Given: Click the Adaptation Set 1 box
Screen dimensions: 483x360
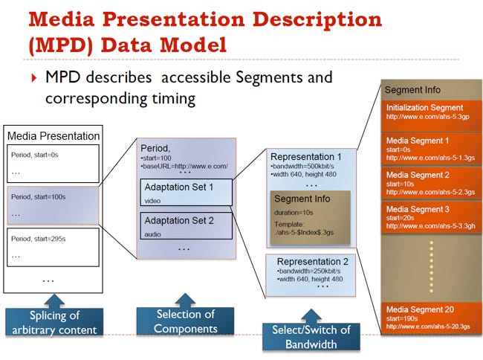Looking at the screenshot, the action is [x=186, y=193].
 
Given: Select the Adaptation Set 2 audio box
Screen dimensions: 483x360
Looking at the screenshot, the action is [x=186, y=225].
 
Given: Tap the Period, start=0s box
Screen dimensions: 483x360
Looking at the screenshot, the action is [x=53, y=164].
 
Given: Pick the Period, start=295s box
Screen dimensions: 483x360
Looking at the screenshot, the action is [x=53, y=247].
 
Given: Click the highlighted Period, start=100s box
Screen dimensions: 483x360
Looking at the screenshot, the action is [x=53, y=205].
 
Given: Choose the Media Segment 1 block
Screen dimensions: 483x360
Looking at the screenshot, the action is [x=432, y=150].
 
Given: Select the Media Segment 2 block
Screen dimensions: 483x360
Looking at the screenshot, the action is [x=432, y=183].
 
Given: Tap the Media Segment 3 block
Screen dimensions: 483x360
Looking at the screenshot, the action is [x=432, y=217].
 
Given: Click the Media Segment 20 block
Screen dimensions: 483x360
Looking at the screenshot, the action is [x=432, y=318].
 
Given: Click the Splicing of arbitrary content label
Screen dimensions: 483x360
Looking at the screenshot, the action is [x=54, y=322].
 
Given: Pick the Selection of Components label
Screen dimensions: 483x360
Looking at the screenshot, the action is [x=186, y=321].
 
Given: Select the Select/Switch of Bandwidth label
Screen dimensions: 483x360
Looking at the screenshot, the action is [x=311, y=337].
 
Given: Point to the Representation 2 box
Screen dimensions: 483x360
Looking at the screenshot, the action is [x=311, y=275].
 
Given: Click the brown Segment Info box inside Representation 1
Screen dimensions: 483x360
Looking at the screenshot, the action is [x=310, y=218].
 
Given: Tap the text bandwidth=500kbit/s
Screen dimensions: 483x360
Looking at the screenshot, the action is [x=302, y=166].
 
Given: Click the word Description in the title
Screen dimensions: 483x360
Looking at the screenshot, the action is [x=317, y=19].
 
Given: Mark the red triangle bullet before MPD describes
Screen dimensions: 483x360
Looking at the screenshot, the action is [x=34, y=77].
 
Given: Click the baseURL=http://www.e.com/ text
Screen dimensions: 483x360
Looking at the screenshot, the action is [x=185, y=167].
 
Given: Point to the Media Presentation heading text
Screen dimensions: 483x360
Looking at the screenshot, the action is [x=54, y=136].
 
